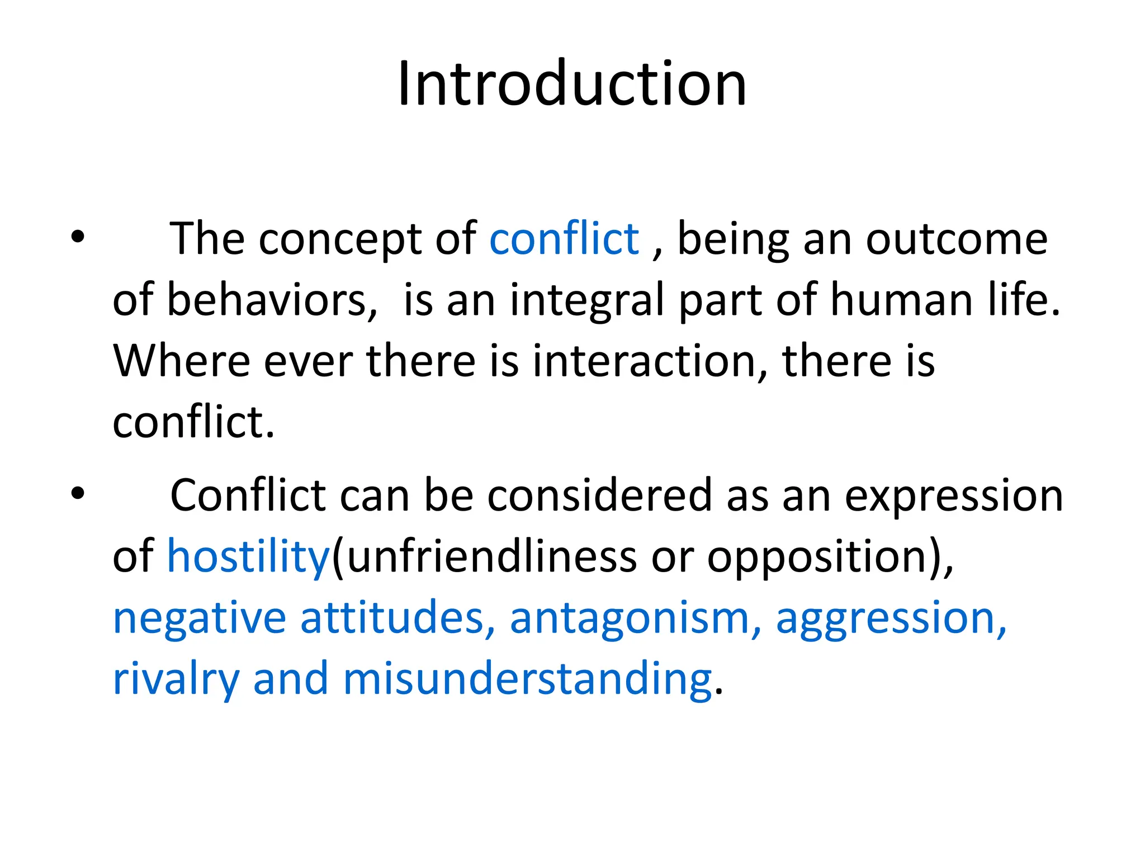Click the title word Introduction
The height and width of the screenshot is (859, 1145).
(572, 84)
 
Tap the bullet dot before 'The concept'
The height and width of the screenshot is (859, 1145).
(78, 237)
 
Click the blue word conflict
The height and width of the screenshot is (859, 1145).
(564, 239)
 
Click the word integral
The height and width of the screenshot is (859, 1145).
(587, 301)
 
